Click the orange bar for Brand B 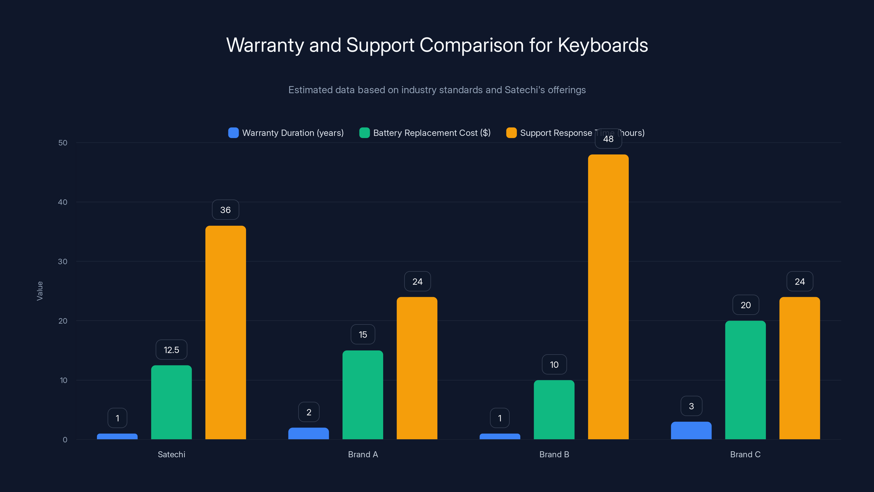(608, 297)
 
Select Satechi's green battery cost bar (171, 402)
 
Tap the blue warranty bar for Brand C (691, 430)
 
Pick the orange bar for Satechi (226, 333)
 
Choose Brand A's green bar (363, 395)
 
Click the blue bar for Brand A (308, 434)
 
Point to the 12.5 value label (171, 350)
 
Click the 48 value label (608, 139)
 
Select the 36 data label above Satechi (226, 210)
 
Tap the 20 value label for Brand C (746, 305)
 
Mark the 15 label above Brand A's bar (363, 335)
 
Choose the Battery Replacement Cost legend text (432, 133)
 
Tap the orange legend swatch (511, 133)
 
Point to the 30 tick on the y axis (63, 262)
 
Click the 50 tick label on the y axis (63, 143)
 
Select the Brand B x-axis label (554, 454)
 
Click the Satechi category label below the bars (171, 454)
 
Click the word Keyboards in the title (603, 45)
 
